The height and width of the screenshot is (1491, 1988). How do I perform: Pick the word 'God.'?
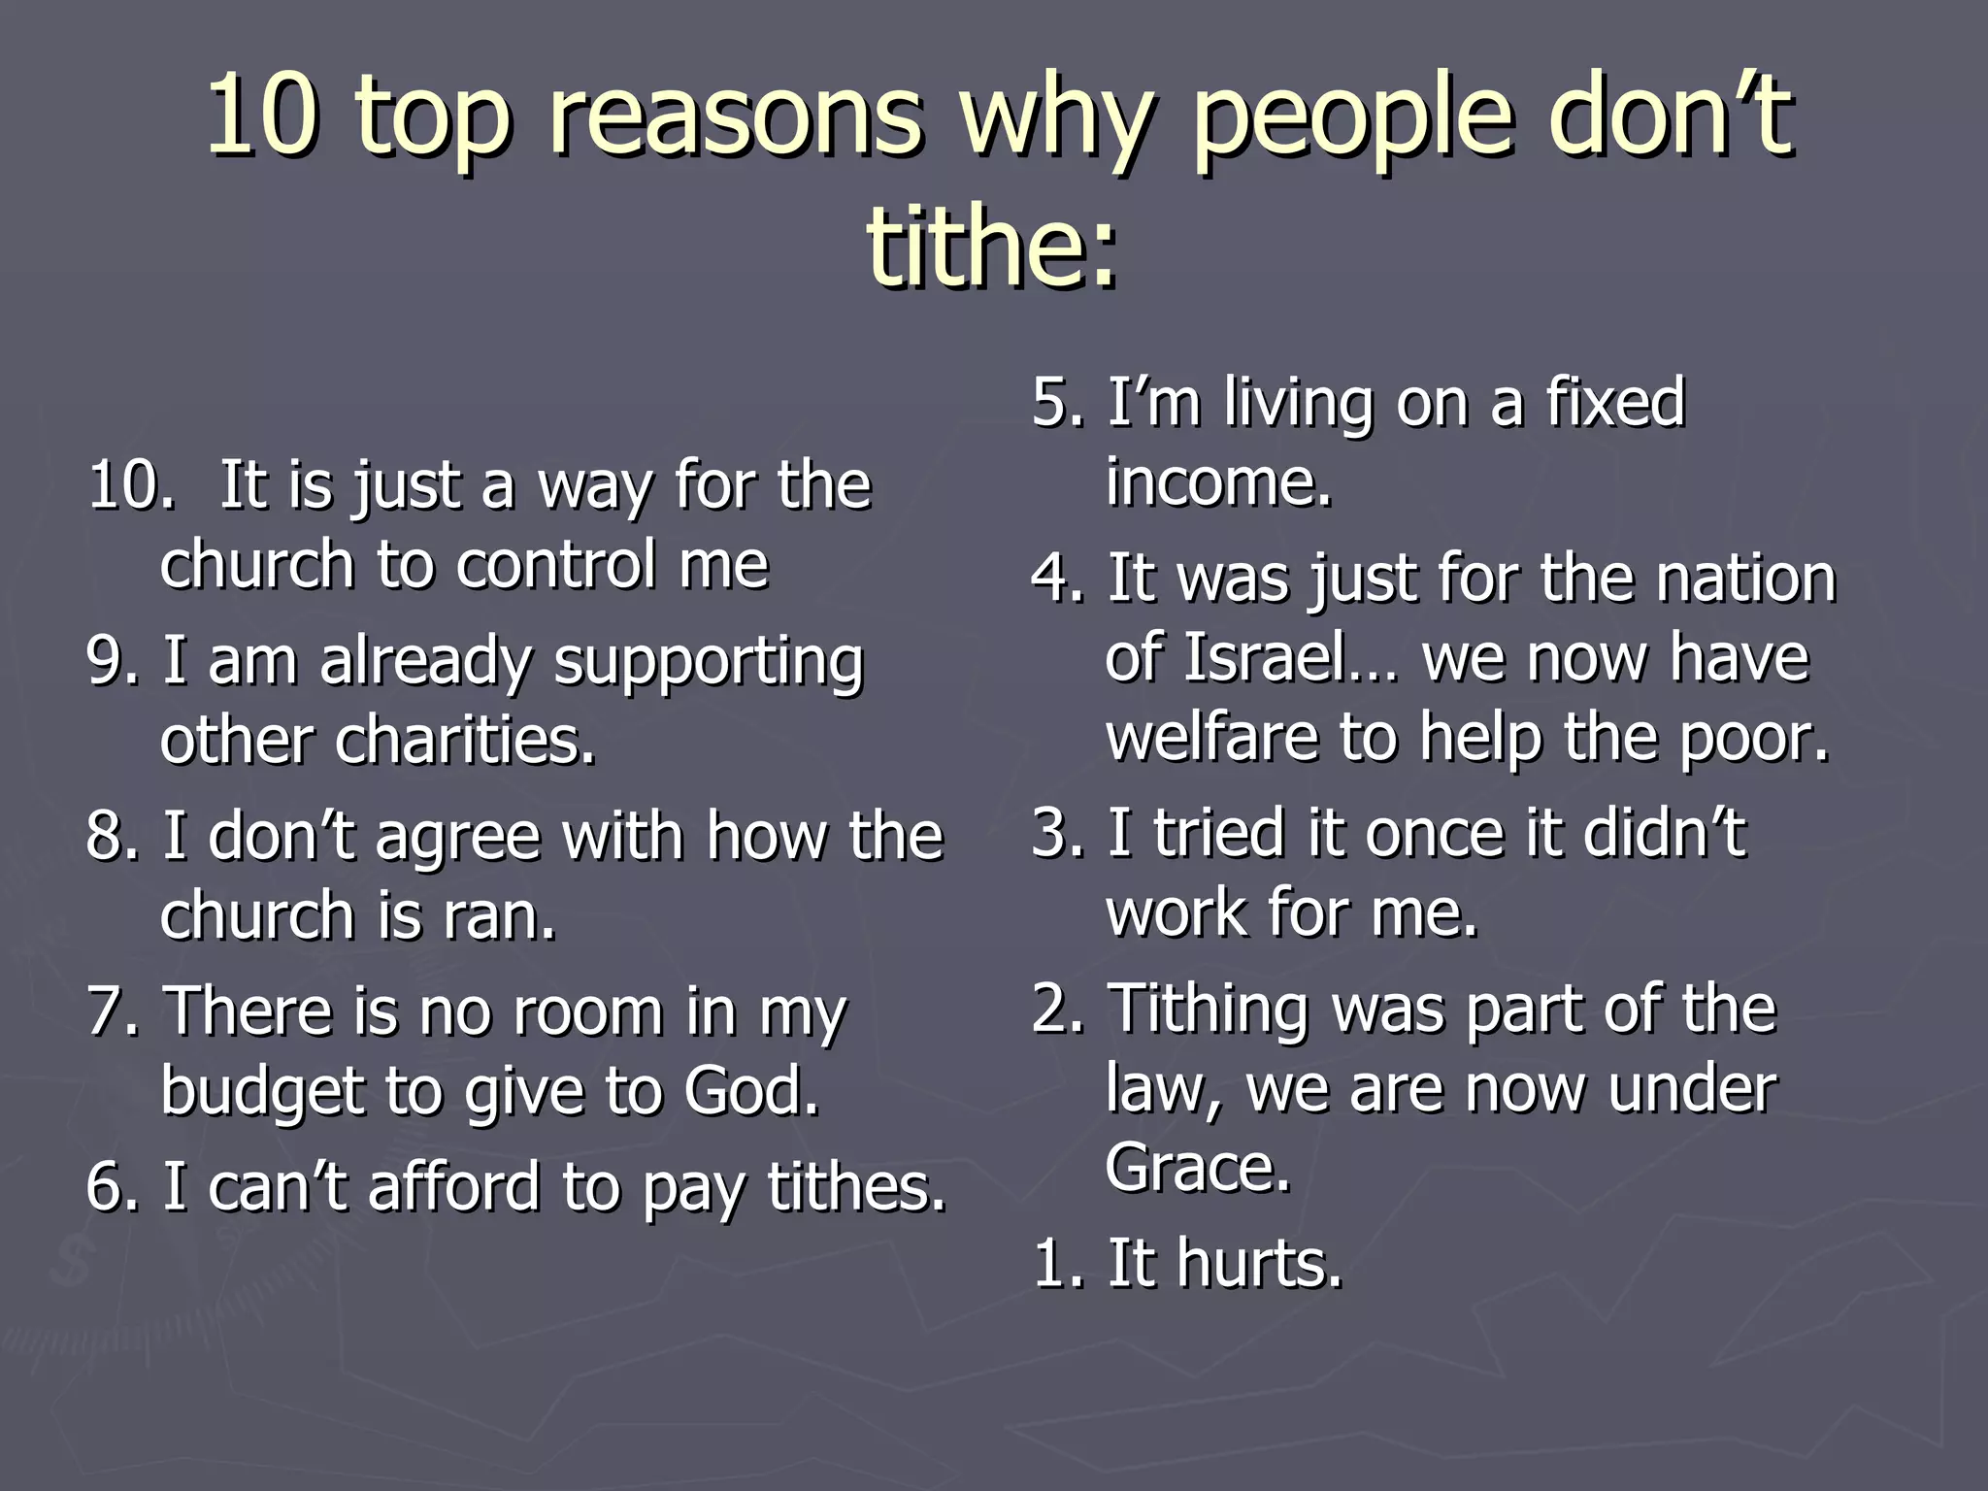tap(752, 1091)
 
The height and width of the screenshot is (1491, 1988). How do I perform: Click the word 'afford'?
tap(452, 1187)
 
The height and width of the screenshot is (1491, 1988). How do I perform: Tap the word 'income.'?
tap(1218, 481)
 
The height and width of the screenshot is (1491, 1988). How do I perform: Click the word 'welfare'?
tap(1212, 737)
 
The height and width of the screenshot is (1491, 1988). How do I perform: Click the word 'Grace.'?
tap(1198, 1168)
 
